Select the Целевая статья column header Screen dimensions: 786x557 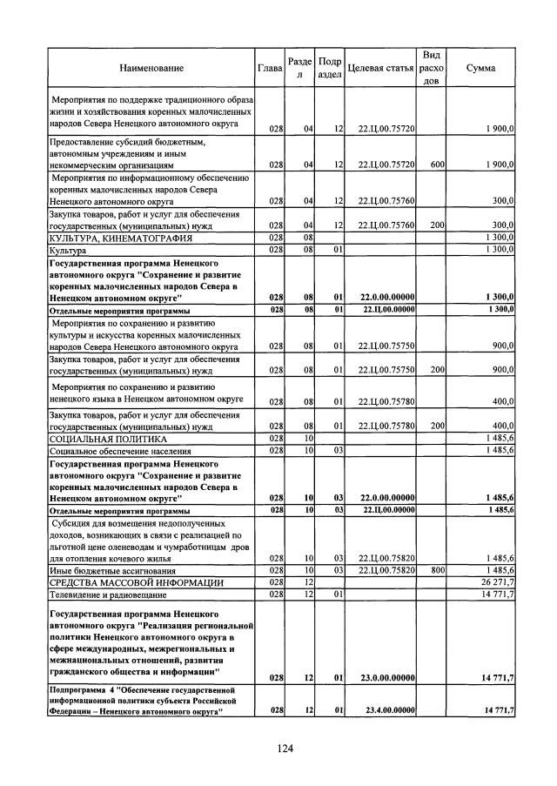380,68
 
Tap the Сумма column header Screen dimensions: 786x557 481,68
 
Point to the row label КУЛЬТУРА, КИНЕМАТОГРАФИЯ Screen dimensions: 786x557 110,238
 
